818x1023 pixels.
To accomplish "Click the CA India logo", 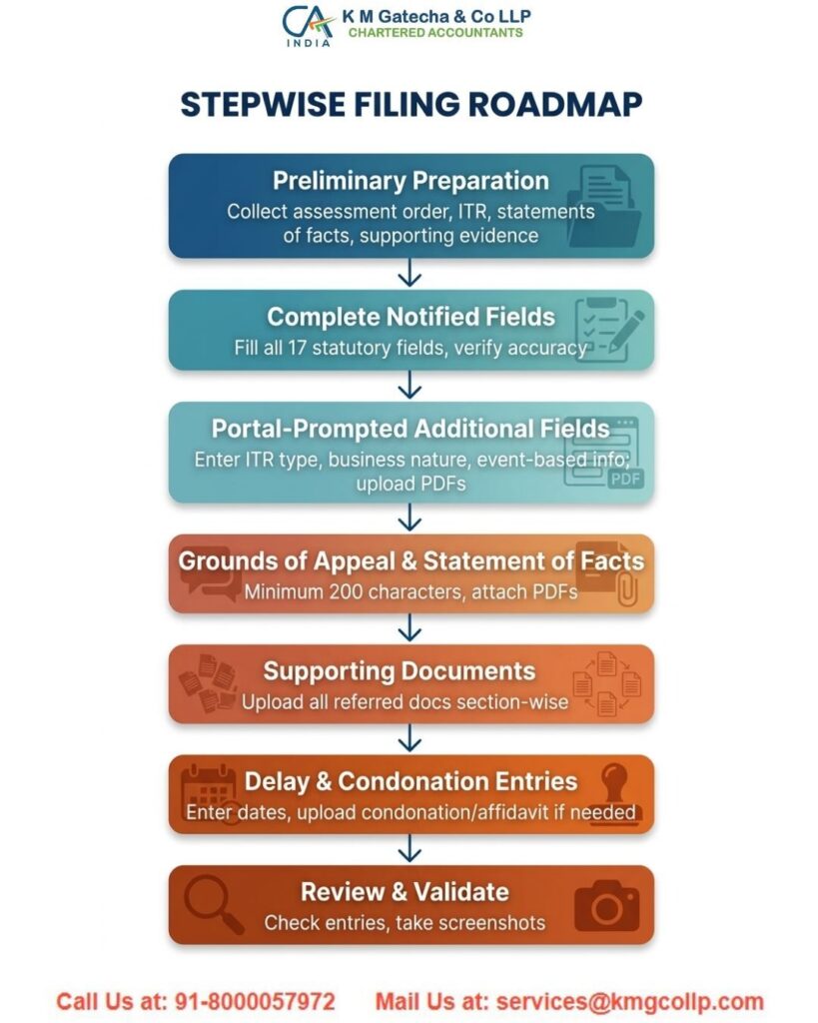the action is point(308,25).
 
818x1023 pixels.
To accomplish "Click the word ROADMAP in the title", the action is point(555,104).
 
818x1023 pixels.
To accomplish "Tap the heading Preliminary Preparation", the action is point(410,181).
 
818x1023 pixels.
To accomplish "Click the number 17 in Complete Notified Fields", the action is point(297,348).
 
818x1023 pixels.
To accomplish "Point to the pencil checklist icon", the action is point(609,330).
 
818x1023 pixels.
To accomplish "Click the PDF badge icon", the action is point(625,479).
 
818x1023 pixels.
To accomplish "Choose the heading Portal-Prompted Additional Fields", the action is point(410,429).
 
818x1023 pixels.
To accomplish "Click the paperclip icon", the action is point(626,589).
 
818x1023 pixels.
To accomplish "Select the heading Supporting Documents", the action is point(400,671).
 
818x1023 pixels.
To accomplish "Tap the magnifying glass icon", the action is point(214,904).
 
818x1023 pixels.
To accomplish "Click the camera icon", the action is point(606,906).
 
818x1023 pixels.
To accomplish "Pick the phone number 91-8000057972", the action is point(255,1001).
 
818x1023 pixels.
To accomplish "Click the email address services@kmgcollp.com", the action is point(629,1001).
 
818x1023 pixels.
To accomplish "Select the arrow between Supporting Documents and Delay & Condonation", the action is point(409,738).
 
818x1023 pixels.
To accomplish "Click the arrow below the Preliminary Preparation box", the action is point(409,272).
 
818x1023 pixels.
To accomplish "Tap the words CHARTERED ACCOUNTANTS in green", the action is point(435,33).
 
